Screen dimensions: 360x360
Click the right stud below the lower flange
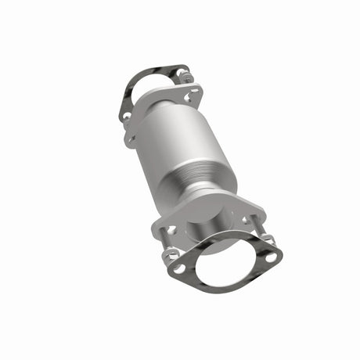(265, 235)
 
